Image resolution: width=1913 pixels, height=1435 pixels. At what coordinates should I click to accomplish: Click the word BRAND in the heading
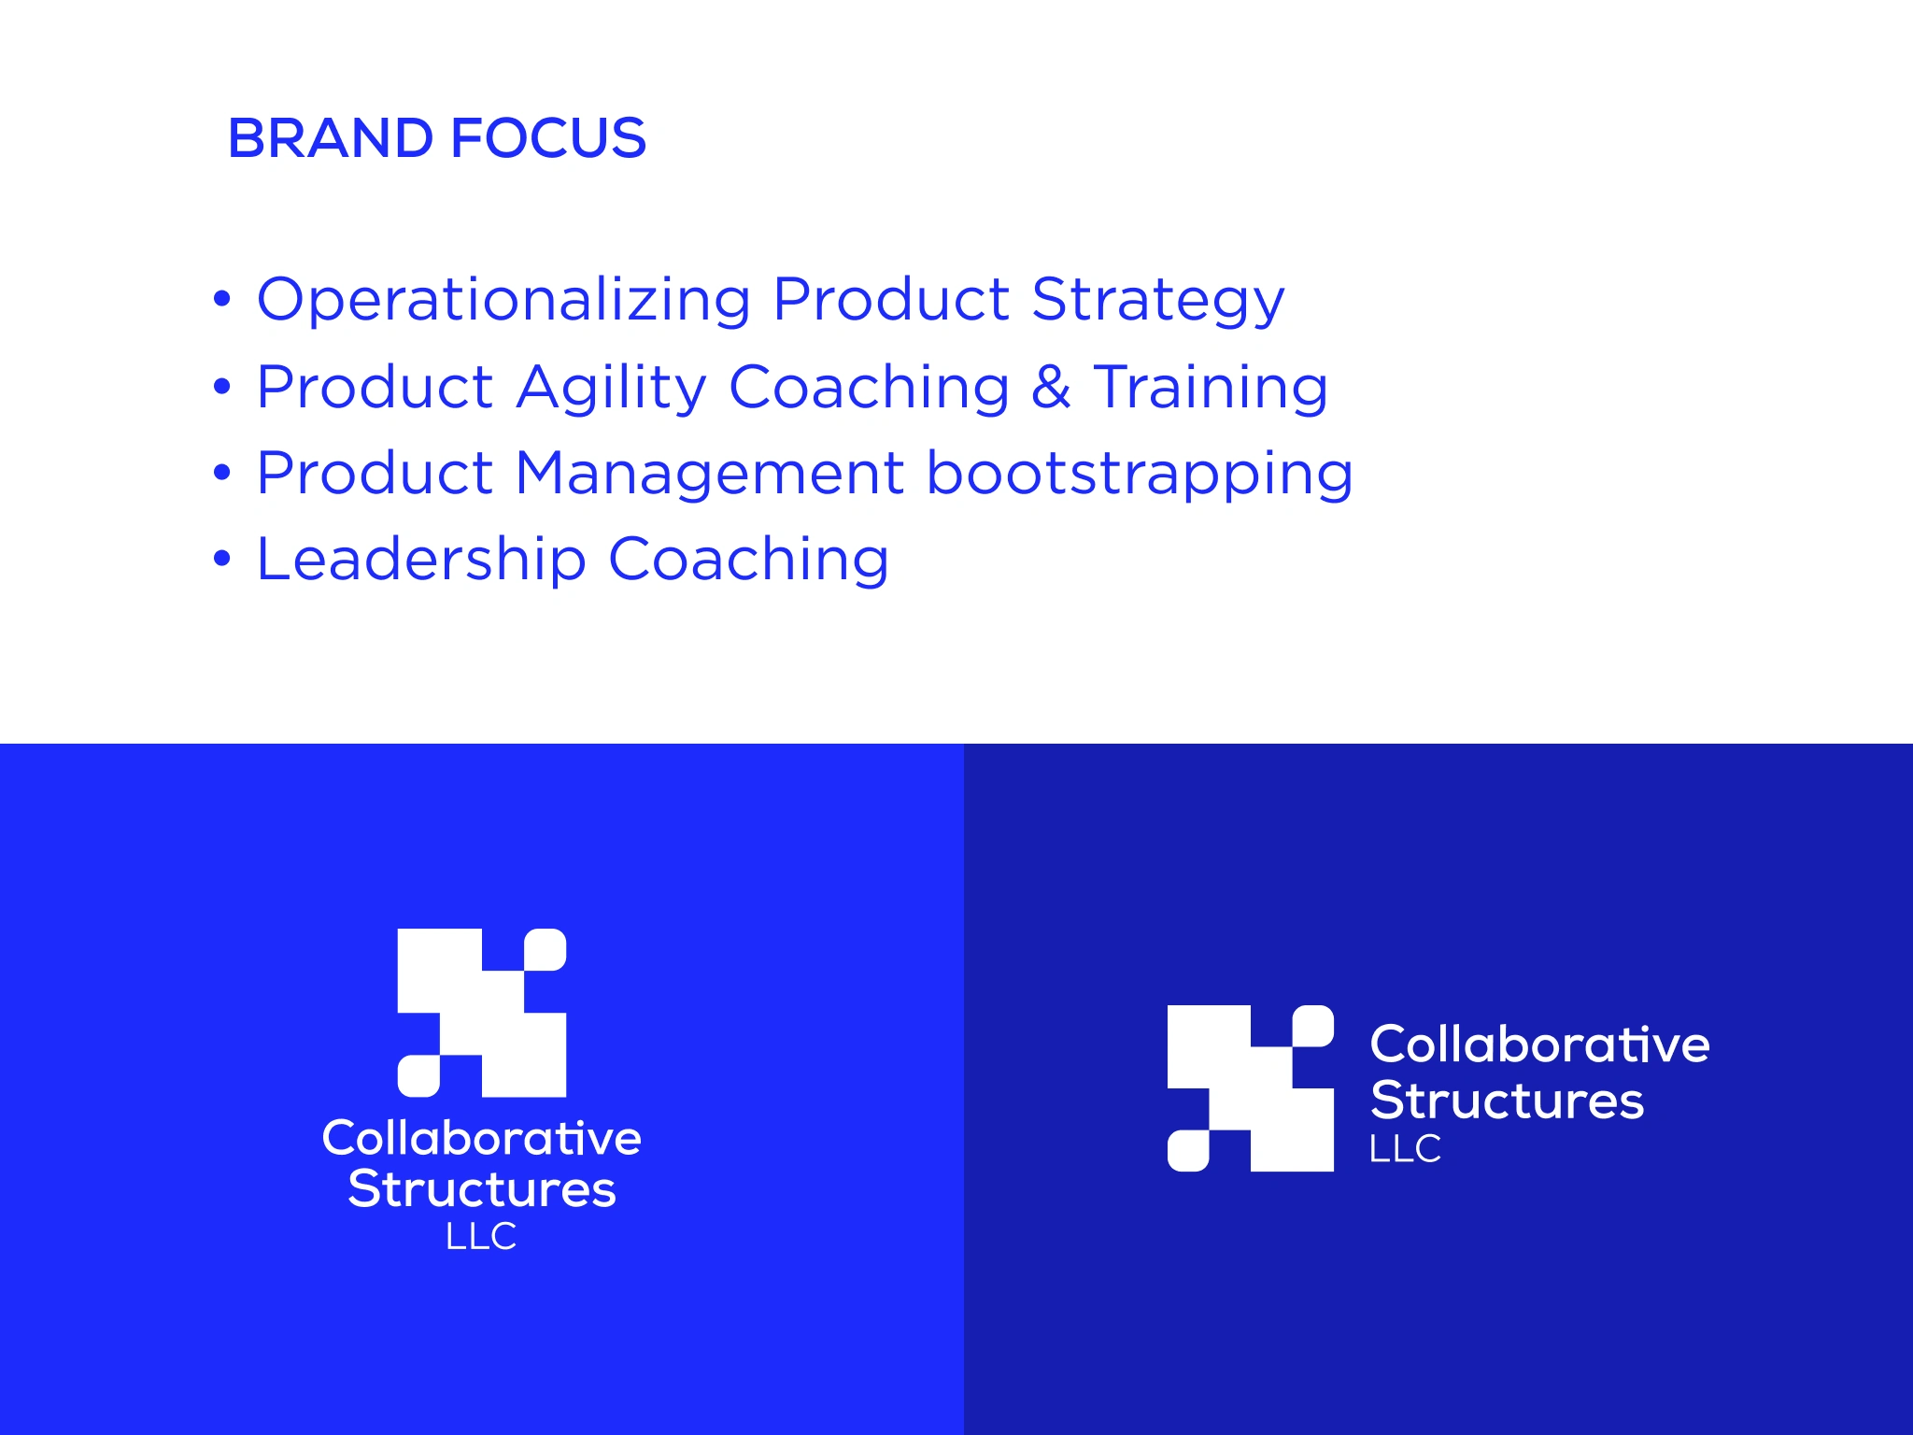pyautogui.click(x=332, y=138)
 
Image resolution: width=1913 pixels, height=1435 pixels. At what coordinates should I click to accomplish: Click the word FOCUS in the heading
pyautogui.click(x=548, y=138)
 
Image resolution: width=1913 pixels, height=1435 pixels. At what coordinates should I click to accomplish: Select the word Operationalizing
pyautogui.click(x=504, y=301)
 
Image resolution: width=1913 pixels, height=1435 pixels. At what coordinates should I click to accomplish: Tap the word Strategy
pyautogui.click(x=1158, y=301)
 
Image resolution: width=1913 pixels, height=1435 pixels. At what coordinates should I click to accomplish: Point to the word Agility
pyautogui.click(x=611, y=388)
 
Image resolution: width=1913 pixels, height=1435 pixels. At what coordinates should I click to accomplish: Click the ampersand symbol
pyautogui.click(x=1051, y=387)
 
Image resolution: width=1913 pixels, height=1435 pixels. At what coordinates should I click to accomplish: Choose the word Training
pyautogui.click(x=1211, y=388)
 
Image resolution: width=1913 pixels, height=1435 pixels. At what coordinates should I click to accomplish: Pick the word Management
pyautogui.click(x=710, y=473)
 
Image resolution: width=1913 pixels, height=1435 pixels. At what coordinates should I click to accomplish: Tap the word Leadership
pyautogui.click(x=422, y=560)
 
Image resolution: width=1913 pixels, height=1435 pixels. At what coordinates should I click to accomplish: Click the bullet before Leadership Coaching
pyautogui.click(x=221, y=559)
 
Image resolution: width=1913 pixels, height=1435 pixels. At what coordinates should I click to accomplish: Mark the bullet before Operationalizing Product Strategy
pyautogui.click(x=221, y=299)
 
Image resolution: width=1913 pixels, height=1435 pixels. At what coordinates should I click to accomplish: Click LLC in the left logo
pyautogui.click(x=481, y=1236)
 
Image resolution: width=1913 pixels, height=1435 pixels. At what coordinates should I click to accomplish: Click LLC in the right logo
pyautogui.click(x=1405, y=1148)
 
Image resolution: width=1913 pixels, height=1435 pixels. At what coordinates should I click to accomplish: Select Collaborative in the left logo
pyautogui.click(x=482, y=1138)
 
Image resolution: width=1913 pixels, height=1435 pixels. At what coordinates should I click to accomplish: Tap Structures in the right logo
pyautogui.click(x=1507, y=1100)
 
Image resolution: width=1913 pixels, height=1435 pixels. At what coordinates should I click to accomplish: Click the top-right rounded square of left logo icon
pyautogui.click(x=546, y=949)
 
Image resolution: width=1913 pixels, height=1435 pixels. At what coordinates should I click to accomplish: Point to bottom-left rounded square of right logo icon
pyautogui.click(x=1188, y=1150)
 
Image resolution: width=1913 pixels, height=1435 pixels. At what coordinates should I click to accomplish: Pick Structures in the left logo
pyautogui.click(x=482, y=1189)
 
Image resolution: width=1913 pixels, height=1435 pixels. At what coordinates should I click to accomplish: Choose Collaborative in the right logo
pyautogui.click(x=1540, y=1044)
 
